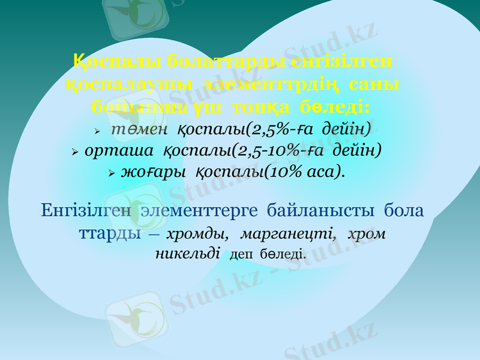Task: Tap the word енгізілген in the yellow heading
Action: click(x=341, y=61)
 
